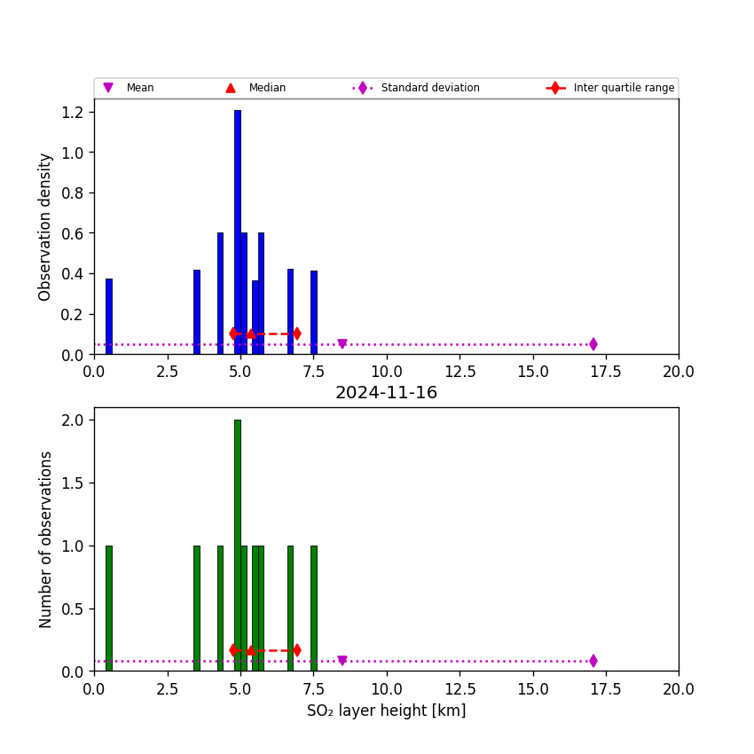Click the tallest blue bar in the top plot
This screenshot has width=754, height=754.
tap(238, 232)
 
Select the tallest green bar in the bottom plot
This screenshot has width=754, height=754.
tap(238, 546)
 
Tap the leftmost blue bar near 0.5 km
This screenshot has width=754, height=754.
tap(109, 317)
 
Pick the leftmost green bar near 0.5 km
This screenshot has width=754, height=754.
tap(109, 609)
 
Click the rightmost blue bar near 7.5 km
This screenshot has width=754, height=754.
tap(314, 312)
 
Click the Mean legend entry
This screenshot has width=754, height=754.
tap(129, 88)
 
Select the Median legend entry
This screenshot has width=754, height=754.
tap(255, 88)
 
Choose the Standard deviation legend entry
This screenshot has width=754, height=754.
tap(416, 88)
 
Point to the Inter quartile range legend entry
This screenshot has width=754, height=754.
tap(610, 88)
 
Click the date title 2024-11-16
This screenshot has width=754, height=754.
tap(386, 392)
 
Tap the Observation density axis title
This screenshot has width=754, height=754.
tap(44, 227)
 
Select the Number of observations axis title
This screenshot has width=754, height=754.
tap(44, 539)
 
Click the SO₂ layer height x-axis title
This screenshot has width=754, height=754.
tap(386, 711)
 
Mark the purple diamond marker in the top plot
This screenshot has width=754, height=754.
tap(593, 344)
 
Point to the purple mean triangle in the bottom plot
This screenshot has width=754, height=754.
tap(342, 660)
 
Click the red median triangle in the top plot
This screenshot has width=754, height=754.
tap(250, 334)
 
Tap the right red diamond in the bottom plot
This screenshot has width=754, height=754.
tap(297, 650)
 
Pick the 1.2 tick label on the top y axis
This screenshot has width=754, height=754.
tap(72, 113)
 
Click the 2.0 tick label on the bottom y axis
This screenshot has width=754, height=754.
tap(72, 420)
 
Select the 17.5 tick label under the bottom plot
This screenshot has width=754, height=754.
tap(606, 689)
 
